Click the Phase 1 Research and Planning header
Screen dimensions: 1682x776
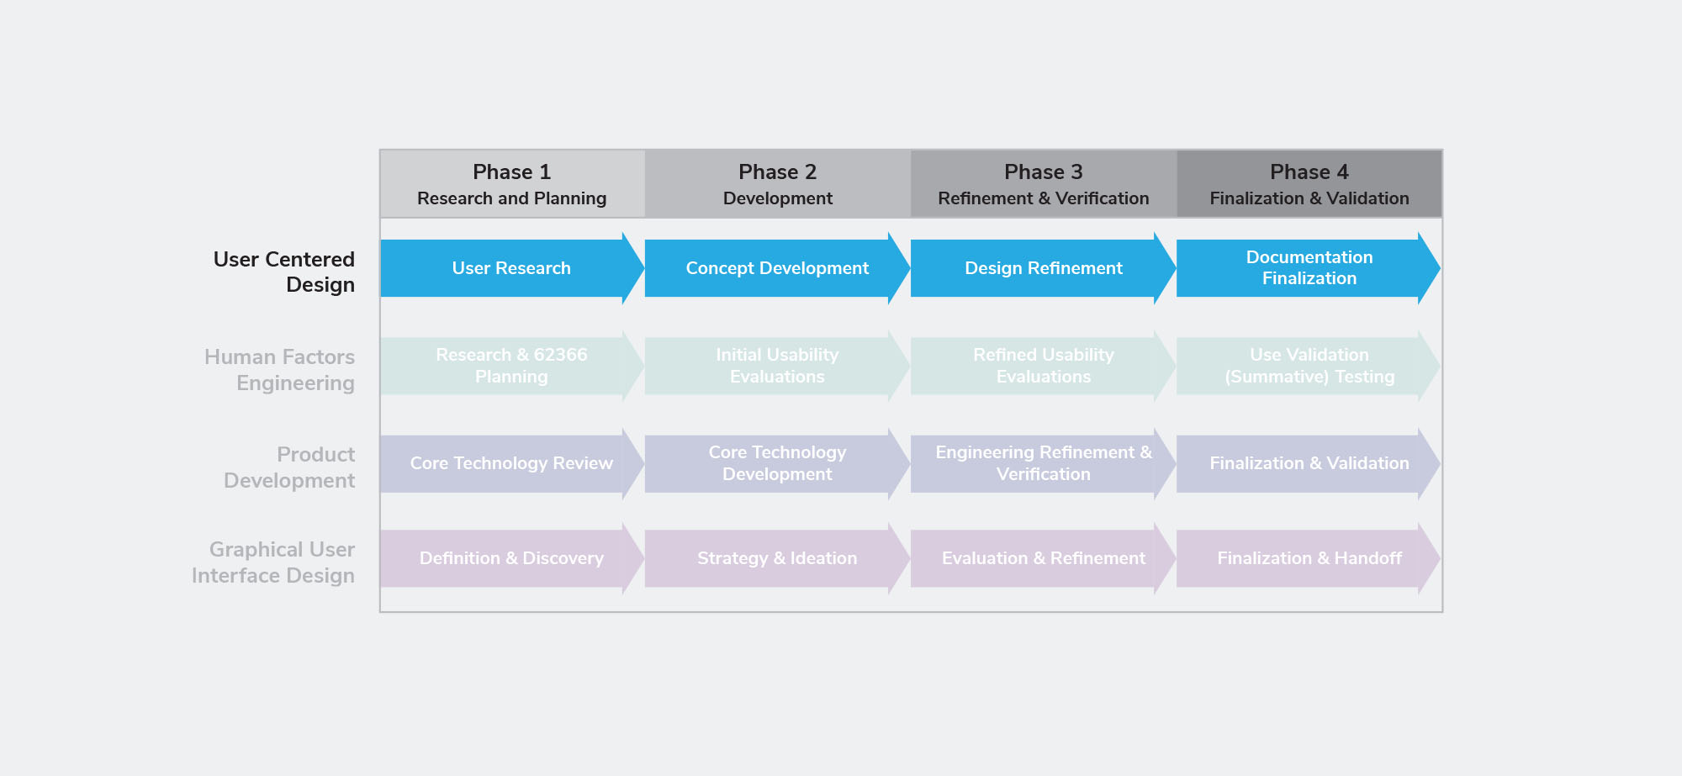point(512,184)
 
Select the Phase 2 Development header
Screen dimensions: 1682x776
point(778,184)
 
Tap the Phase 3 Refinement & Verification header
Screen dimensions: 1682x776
point(1044,184)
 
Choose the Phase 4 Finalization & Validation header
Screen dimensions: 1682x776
point(1309,184)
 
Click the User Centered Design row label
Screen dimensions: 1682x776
point(284,272)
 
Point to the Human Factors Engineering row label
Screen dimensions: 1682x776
point(279,370)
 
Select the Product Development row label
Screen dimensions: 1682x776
point(289,467)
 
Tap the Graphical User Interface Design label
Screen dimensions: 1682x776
point(273,562)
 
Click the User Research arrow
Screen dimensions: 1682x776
point(512,268)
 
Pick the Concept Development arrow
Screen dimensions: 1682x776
point(778,268)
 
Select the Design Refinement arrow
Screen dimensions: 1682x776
point(1044,268)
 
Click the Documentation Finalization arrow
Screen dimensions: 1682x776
point(1309,268)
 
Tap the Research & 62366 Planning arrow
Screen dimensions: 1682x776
point(512,366)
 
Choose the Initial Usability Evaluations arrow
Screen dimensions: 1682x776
point(778,366)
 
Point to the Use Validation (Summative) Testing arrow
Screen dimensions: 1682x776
point(1309,366)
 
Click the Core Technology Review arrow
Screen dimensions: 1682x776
point(512,463)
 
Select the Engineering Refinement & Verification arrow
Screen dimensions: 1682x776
point(1044,463)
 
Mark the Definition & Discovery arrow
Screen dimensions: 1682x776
point(512,558)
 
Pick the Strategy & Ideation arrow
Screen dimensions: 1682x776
point(778,558)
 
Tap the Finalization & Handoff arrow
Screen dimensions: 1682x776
point(1309,558)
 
